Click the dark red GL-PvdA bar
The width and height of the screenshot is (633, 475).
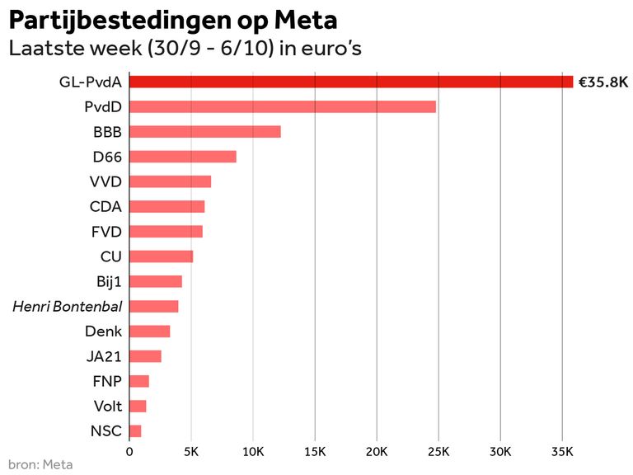point(351,82)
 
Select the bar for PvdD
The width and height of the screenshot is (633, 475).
point(283,106)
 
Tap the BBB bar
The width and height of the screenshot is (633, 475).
point(205,132)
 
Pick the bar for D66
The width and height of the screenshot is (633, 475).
point(183,157)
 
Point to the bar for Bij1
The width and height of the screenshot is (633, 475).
point(156,281)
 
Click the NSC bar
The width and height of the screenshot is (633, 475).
point(135,430)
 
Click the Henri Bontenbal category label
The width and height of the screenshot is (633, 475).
point(68,307)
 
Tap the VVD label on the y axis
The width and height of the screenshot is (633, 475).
point(105,181)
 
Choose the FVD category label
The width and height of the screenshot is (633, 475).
point(105,232)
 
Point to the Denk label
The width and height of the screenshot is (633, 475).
point(104,332)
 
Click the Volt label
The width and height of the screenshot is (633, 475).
point(107,406)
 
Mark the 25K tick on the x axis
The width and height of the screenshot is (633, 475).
point(438,451)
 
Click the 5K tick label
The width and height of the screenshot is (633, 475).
point(191,451)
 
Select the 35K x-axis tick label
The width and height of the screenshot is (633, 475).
point(562,451)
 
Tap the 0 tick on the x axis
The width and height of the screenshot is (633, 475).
point(129,451)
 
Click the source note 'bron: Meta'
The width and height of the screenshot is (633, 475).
point(40,464)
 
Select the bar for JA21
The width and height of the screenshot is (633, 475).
point(145,356)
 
